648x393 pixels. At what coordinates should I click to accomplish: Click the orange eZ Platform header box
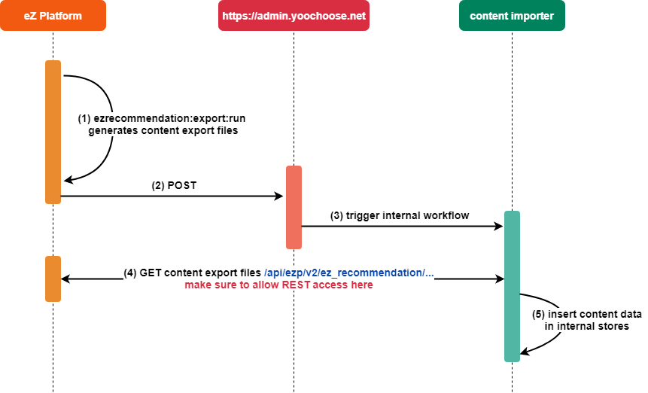click(53, 16)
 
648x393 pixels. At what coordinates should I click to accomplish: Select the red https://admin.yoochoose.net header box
click(294, 16)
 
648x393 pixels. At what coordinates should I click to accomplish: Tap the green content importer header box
click(512, 16)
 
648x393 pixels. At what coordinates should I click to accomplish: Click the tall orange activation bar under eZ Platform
click(53, 132)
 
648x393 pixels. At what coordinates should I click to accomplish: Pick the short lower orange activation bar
click(53, 279)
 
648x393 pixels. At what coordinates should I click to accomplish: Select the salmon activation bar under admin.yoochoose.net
click(294, 207)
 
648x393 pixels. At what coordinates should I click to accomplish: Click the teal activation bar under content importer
click(512, 286)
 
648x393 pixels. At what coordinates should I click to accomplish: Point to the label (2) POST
click(174, 185)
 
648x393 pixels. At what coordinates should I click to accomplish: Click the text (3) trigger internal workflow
click(400, 215)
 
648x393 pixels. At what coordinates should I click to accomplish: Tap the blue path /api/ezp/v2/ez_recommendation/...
click(349, 273)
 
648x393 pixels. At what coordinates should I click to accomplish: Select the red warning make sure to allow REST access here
click(278, 285)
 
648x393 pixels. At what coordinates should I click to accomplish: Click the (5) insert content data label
click(586, 314)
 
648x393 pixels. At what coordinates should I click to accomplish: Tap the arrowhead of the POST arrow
click(279, 196)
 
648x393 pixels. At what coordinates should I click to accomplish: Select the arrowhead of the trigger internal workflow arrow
click(498, 226)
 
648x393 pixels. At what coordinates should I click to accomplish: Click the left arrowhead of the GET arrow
click(65, 279)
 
